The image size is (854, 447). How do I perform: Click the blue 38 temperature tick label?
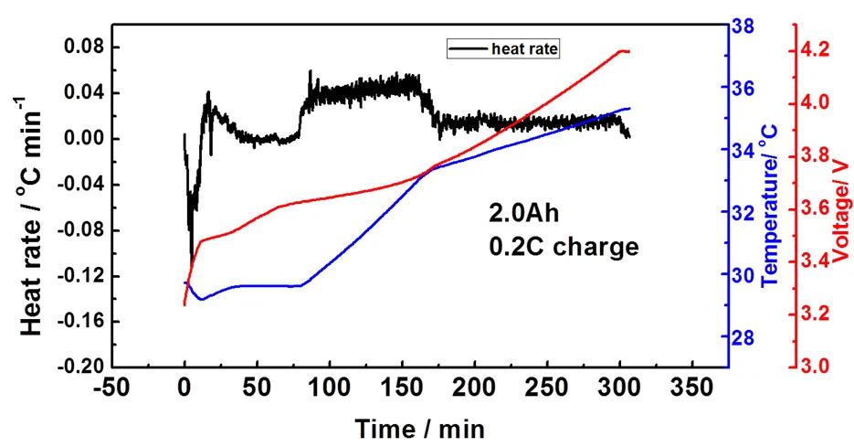point(745,27)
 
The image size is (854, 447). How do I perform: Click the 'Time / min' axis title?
point(419,428)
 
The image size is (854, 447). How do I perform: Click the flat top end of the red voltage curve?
point(624,51)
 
